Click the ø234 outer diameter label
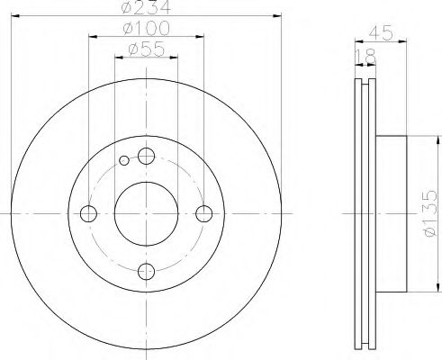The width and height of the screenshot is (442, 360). (x=146, y=9)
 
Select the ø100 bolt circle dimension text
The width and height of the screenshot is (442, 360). (x=146, y=30)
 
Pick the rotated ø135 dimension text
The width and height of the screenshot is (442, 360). (x=428, y=212)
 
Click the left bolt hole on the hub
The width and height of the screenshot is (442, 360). (x=88, y=213)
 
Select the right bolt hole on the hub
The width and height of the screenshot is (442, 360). (x=204, y=213)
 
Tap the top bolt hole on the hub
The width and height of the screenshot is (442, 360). (x=147, y=155)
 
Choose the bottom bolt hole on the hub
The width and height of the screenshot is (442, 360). (x=147, y=271)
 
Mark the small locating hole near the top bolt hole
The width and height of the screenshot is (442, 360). (x=125, y=161)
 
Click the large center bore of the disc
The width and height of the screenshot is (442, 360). (x=147, y=213)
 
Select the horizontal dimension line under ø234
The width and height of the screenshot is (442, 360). (x=146, y=18)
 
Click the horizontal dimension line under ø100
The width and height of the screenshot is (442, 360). (x=146, y=39)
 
